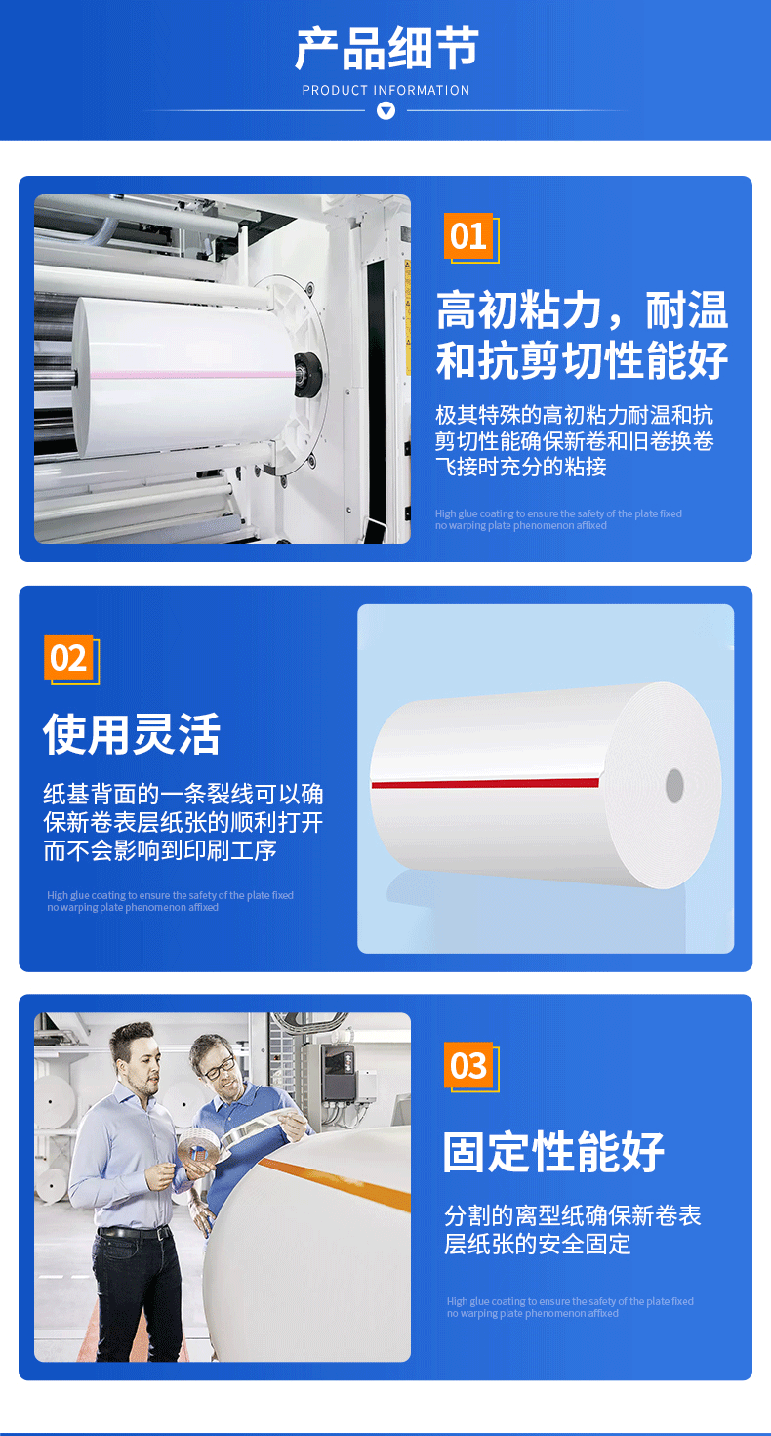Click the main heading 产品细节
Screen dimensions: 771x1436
point(386,48)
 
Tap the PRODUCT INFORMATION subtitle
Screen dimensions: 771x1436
point(385,91)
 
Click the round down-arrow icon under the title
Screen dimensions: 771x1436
point(385,111)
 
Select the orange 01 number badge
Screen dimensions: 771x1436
point(468,235)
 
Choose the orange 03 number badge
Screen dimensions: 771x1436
point(468,1065)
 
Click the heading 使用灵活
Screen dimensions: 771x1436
point(132,735)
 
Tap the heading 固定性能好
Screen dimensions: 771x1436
point(553,1152)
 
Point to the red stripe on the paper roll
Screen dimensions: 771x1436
point(485,783)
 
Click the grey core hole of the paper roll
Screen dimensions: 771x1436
point(674,785)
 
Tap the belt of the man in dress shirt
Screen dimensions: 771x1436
point(134,1232)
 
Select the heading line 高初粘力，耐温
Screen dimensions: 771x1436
point(582,310)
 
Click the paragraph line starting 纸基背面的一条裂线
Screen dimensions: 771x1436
point(183,794)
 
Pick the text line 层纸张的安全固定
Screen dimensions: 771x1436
point(537,1244)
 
